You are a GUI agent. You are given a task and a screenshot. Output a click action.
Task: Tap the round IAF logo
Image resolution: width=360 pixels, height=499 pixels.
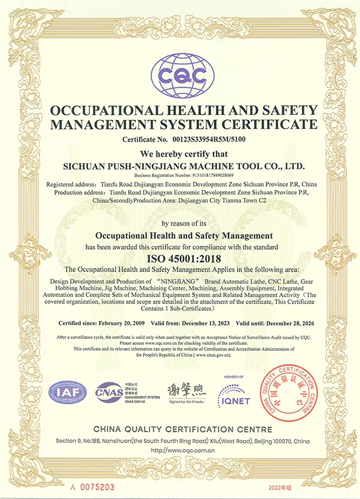pos(68,392)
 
